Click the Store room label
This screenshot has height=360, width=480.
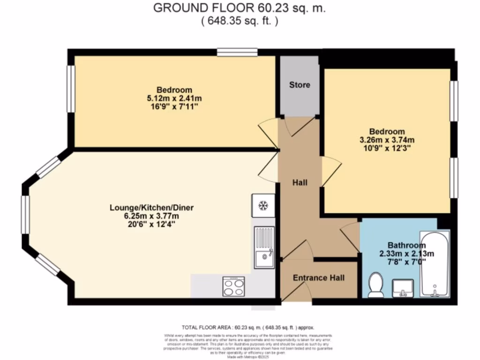[x=299, y=85]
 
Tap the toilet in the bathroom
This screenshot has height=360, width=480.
[x=376, y=285]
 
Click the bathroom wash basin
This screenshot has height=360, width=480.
[x=402, y=288]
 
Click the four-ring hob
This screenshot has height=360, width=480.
[x=233, y=286]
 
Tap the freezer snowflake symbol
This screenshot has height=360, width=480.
[x=263, y=205]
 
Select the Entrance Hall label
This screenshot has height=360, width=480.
[x=318, y=278]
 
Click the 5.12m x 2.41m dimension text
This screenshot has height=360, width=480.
[x=174, y=98]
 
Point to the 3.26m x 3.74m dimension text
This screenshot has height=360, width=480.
[x=386, y=140]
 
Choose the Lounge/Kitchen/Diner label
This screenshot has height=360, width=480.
[x=151, y=208]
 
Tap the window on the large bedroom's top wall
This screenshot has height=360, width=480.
[x=237, y=52]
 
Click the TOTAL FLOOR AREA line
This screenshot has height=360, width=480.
[x=247, y=327]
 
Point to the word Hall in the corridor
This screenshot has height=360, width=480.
[x=300, y=182]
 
